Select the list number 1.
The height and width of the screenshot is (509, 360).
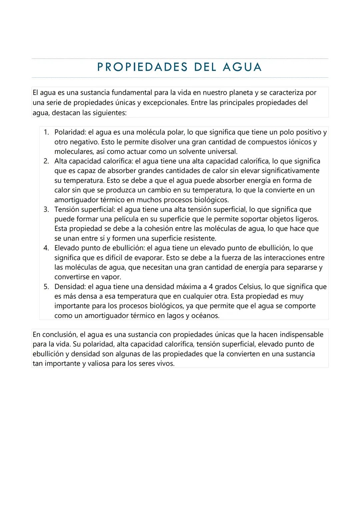47,132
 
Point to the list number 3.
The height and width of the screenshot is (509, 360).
47,210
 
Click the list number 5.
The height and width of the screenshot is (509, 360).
47,287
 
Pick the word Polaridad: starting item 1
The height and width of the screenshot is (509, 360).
70,132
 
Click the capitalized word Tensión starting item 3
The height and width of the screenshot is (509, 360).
67,210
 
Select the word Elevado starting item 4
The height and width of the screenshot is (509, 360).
67,248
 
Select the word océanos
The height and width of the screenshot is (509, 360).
205,316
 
